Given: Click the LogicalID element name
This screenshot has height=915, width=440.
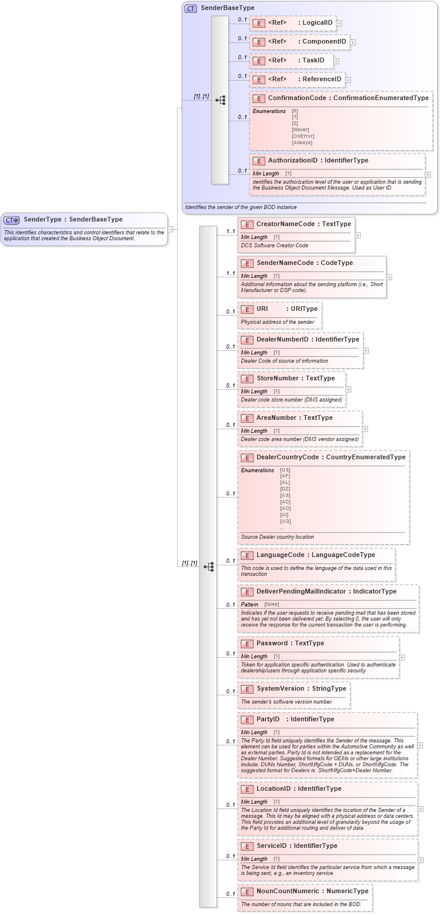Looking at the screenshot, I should (317, 23).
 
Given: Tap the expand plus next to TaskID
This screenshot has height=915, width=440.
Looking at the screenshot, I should (336, 61).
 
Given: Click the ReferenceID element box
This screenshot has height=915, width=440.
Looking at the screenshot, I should (296, 79).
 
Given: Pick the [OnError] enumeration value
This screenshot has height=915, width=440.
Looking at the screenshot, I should (303, 136).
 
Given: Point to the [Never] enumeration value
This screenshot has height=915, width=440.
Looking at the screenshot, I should (300, 130).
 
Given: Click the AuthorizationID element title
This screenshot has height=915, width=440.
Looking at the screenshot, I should (318, 160).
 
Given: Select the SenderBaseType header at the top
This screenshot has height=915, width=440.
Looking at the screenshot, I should (227, 8).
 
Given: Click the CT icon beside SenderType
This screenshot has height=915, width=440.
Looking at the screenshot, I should (12, 220).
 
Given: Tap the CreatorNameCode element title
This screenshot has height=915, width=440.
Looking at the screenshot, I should (303, 224).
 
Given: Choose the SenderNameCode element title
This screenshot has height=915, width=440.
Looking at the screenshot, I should (304, 263).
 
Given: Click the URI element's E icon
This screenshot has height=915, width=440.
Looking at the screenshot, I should (247, 309).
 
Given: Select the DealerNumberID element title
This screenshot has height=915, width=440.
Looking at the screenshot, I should (307, 339).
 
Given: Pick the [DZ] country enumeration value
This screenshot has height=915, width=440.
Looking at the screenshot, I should (285, 489).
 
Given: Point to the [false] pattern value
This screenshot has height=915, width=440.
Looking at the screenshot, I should (271, 604).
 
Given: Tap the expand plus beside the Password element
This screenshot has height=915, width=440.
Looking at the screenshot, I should (402, 658).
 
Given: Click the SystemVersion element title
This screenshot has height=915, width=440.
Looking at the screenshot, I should (301, 688).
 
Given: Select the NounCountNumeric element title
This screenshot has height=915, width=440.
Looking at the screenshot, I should (312, 891).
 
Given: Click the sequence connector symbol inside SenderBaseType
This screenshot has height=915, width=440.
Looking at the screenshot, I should (220, 100).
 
